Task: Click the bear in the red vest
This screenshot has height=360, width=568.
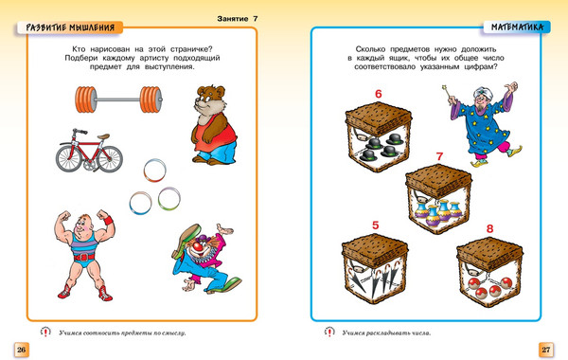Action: click(213, 125)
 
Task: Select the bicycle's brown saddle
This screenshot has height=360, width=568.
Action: click(103, 136)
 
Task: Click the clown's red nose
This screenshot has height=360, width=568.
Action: click(197, 247)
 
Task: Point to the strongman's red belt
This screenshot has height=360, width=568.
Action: click(83, 258)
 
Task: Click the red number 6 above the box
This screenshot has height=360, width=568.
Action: click(379, 94)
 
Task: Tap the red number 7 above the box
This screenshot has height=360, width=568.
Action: click(440, 156)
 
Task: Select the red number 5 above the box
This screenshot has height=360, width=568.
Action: click(376, 225)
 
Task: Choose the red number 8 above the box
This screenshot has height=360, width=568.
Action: click(489, 228)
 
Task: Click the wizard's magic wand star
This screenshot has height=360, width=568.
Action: click(444, 87)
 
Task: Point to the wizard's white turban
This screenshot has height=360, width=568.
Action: click(481, 91)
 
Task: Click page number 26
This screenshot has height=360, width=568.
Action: click(22, 350)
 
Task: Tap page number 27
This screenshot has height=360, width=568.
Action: click(546, 350)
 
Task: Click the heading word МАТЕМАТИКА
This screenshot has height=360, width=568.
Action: click(517, 27)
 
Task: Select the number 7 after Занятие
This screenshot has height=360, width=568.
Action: click(256, 19)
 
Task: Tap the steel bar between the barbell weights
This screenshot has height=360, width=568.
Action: click(118, 99)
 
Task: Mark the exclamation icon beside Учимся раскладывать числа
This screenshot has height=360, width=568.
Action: click(329, 333)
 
